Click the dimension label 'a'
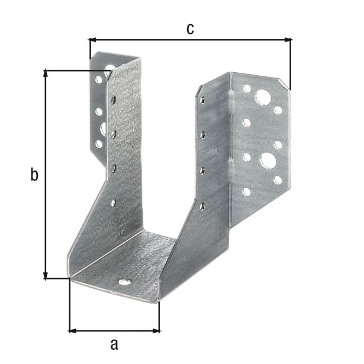pos(115,343)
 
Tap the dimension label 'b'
pos(34,175)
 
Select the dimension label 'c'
pos(190,29)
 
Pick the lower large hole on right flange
pos(267,160)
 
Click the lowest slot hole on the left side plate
pos(114,203)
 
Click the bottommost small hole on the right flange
pos(244,191)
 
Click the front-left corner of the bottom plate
pos(70,278)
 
